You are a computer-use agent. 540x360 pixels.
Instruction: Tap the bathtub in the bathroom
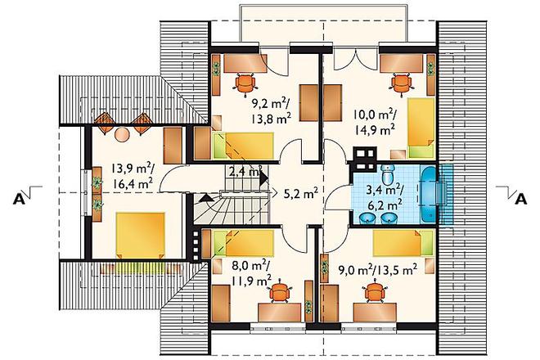click(429, 194)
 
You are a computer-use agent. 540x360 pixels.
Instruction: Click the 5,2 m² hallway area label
click(300, 194)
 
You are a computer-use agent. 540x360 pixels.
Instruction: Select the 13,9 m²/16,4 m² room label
click(133, 176)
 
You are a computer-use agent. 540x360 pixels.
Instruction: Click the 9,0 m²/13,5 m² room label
click(379, 269)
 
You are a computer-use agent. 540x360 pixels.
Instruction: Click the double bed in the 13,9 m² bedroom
click(141, 235)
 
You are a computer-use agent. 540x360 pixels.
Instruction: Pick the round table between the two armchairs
click(122, 134)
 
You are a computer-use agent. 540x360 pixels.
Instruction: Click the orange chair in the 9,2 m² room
click(245, 83)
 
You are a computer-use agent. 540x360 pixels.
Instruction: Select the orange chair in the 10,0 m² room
click(402, 83)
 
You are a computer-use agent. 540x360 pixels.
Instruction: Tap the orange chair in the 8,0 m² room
click(280, 293)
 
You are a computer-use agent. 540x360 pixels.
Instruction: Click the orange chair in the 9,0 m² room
click(375, 292)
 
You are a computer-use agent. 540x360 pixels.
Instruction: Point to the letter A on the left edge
click(19, 199)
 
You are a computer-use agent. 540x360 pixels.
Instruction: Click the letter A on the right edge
click(520, 199)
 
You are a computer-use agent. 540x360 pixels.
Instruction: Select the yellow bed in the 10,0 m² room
click(421, 126)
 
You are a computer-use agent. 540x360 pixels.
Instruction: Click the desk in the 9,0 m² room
click(375, 313)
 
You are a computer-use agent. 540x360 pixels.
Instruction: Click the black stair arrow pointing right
click(264, 178)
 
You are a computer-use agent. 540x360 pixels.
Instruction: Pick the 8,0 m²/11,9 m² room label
click(251, 274)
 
